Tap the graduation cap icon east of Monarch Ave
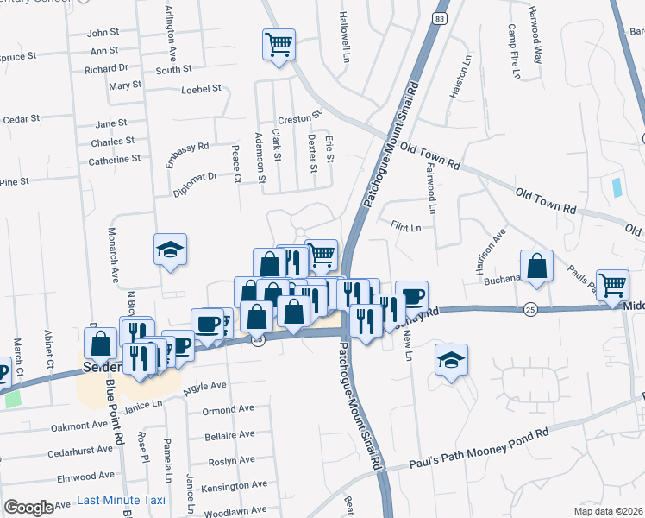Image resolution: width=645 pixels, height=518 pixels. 171,250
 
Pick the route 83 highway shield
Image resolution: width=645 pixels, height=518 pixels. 440,18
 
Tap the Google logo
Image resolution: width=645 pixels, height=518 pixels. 28,507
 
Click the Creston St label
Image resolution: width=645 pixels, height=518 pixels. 299,117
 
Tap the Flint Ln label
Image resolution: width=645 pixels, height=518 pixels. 405,228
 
